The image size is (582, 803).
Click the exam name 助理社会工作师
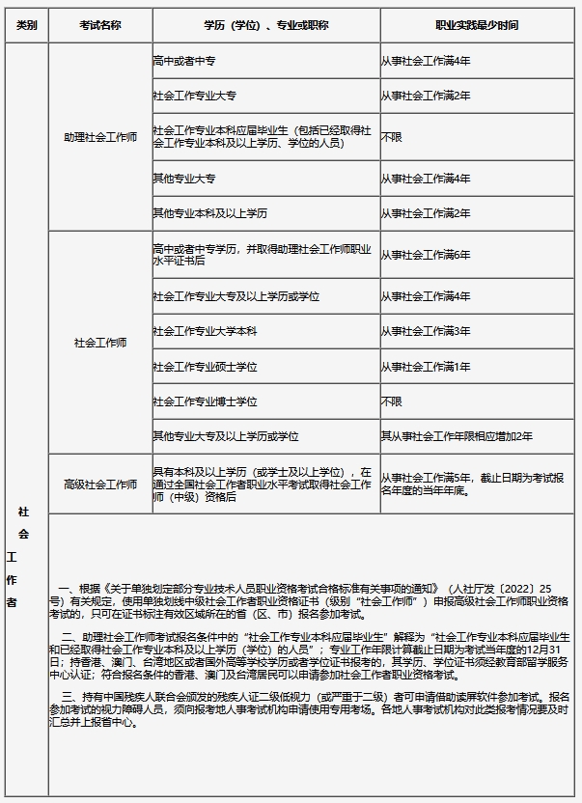pos(100,137)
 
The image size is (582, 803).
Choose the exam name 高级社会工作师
pos(100,485)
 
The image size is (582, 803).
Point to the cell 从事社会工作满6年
pos(426,255)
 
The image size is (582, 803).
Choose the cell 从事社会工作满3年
pos(426,331)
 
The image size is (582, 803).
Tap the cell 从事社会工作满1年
pos(426,367)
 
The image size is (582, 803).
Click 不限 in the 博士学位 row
pos(391,401)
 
